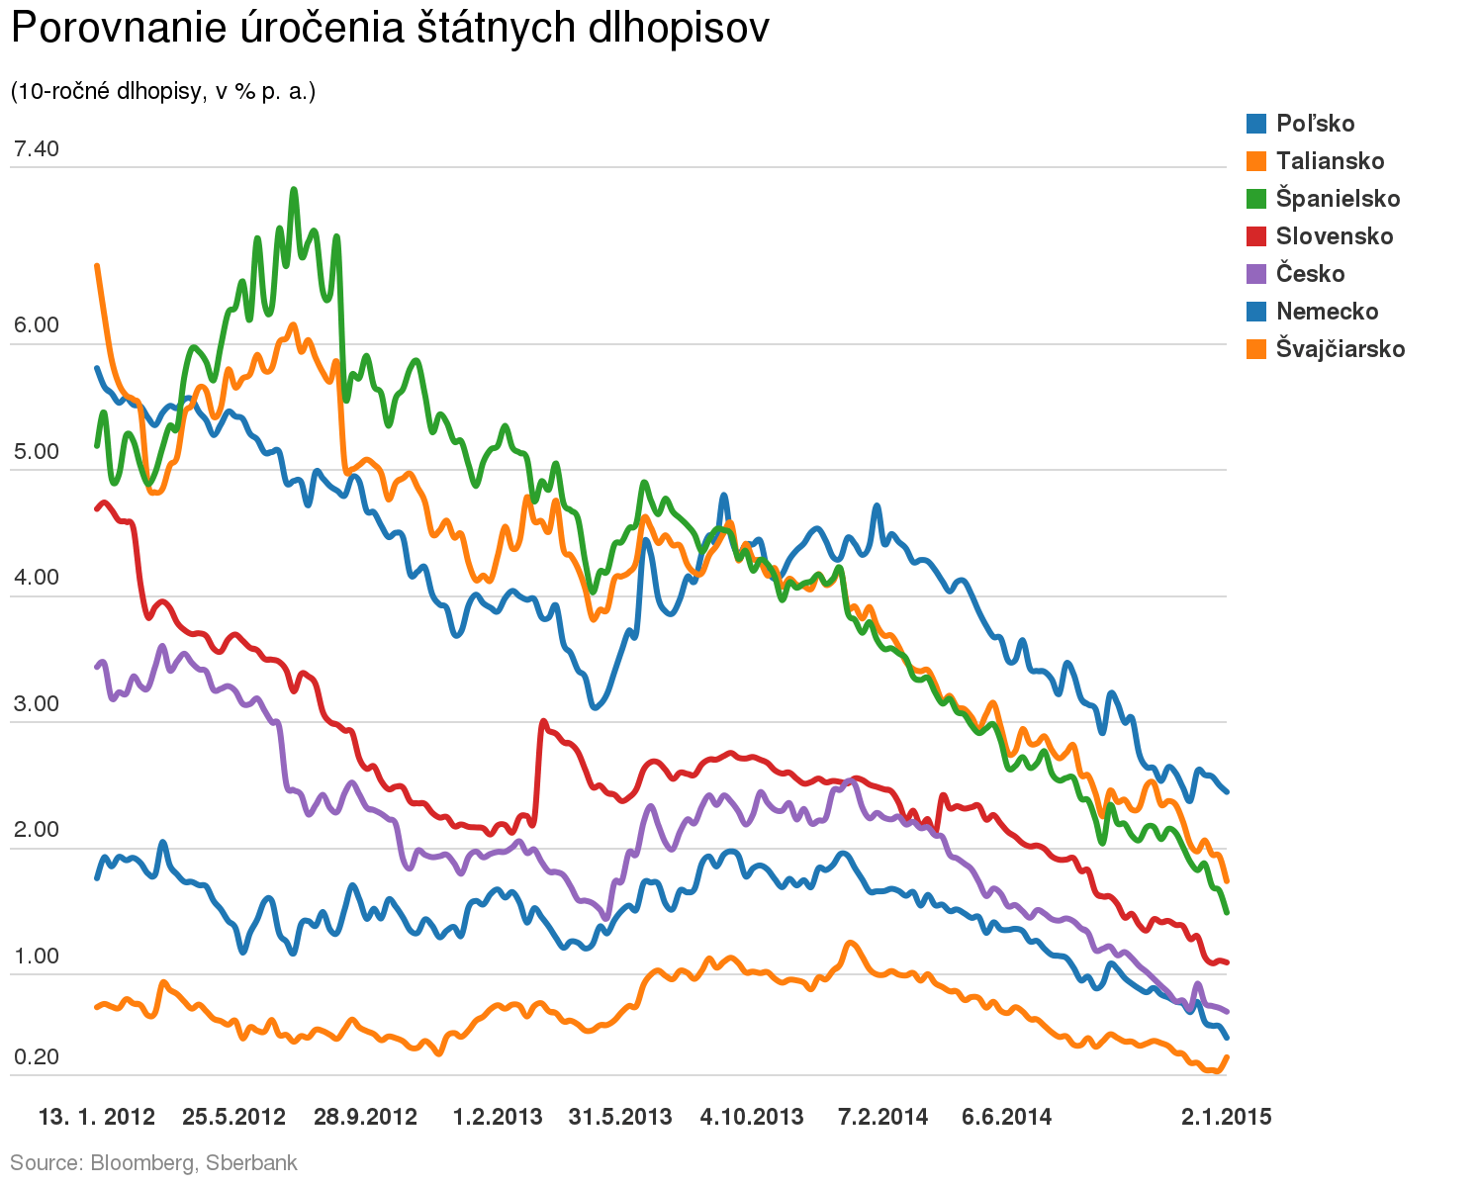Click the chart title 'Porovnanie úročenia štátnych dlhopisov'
(389, 30)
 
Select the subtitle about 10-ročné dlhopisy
(162, 92)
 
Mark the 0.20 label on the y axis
(37, 1057)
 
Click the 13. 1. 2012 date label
(97, 1118)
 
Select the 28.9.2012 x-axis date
(365, 1118)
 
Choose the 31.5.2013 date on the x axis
(620, 1118)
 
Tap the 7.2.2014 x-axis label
(883, 1118)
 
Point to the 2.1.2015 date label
(1227, 1118)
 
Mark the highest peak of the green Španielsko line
(294, 189)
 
